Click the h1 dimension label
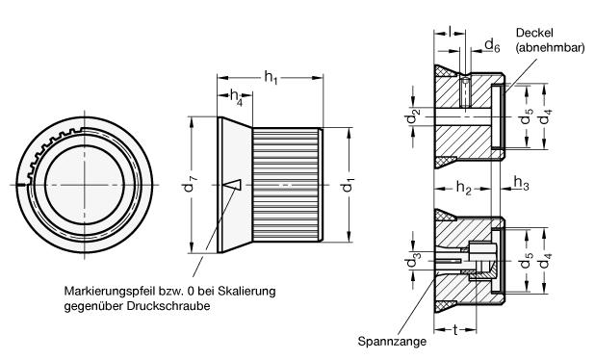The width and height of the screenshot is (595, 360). click(271, 78)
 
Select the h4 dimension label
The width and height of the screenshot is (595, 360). click(236, 96)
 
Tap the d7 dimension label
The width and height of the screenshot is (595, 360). click(188, 185)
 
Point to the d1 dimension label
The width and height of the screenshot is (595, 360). click(348, 185)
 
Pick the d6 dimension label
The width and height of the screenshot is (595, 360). click(492, 46)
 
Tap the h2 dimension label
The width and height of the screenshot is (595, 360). click(463, 188)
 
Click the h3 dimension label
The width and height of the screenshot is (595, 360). click(521, 183)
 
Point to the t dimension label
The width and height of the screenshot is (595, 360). click(455, 330)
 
